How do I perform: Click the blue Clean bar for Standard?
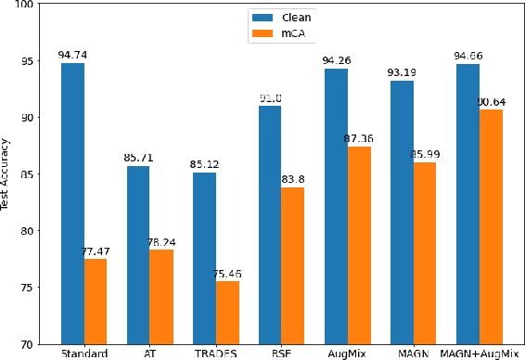(72, 203)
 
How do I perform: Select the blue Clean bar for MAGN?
(402, 212)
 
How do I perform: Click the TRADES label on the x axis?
(216, 354)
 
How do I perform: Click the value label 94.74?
(72, 56)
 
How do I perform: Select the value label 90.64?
(493, 102)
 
